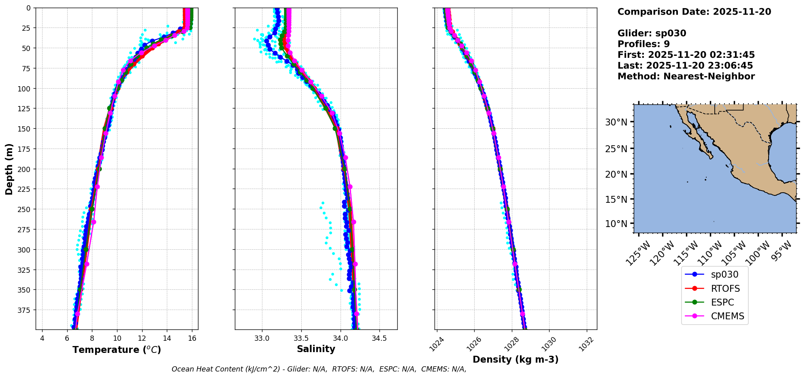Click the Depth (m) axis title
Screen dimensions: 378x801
9,169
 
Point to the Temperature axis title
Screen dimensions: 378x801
117,350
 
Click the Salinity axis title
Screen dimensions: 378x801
316,349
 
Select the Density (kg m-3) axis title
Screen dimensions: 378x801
516,359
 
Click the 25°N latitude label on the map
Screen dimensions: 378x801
616,149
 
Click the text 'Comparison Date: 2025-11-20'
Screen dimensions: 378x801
694,12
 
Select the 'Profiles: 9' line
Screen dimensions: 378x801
643,44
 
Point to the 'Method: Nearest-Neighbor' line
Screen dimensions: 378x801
686,76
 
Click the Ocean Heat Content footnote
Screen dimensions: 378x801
319,369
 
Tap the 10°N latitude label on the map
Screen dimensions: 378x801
616,224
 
